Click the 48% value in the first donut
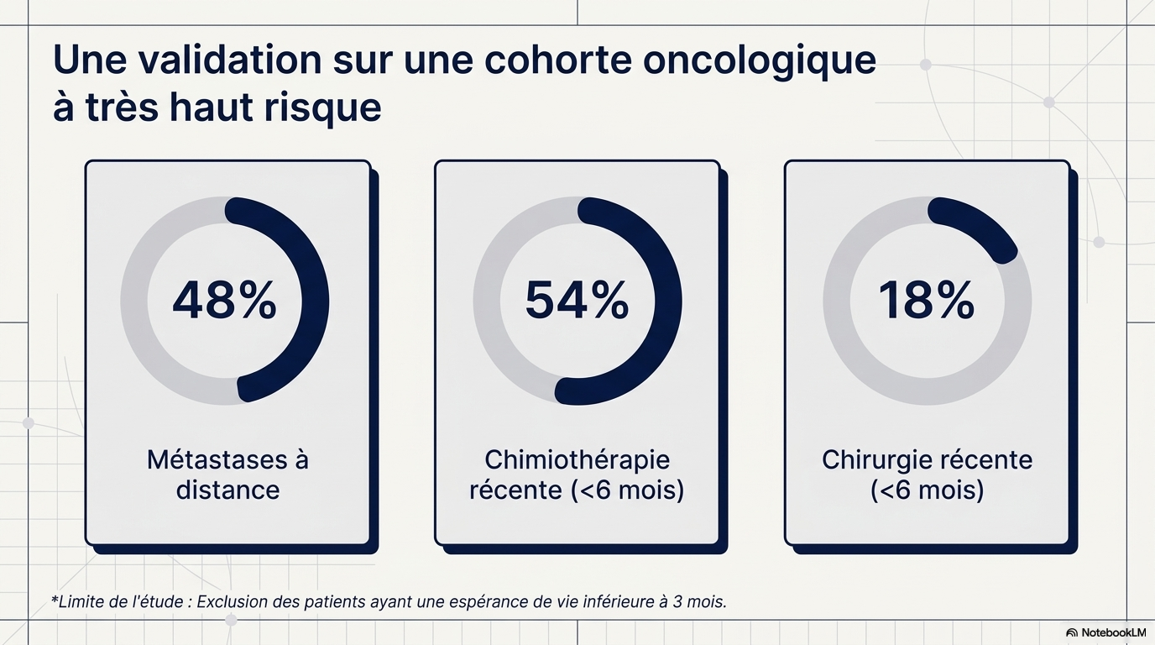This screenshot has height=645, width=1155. click(x=224, y=300)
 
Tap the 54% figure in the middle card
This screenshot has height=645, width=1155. click(x=577, y=300)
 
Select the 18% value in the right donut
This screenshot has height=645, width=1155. click(x=927, y=300)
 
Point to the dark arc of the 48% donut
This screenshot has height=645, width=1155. click(x=316, y=300)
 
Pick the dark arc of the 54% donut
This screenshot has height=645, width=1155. click(x=668, y=300)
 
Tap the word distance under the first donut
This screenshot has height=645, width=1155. click(x=228, y=490)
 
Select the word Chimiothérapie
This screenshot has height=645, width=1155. click(x=577, y=460)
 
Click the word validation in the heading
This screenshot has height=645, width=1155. click(x=230, y=60)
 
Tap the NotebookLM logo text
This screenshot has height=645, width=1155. click(x=1114, y=632)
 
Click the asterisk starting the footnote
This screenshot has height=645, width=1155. click(x=54, y=599)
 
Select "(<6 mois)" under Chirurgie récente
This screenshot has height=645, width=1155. click(x=927, y=490)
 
